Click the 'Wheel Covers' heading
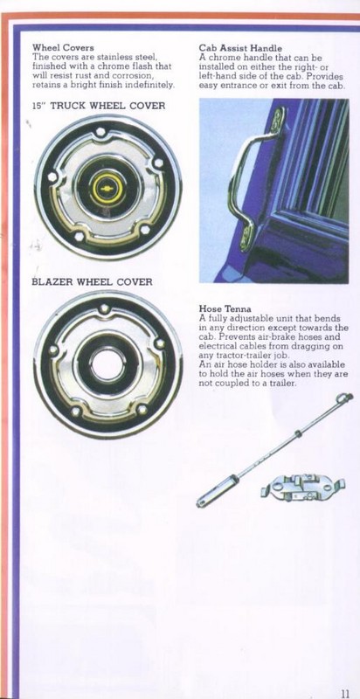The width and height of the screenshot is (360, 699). click(63, 48)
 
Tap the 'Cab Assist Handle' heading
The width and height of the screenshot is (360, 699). click(240, 48)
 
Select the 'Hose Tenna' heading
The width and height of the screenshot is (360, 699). click(225, 308)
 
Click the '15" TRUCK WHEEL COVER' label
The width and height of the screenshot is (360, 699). click(99, 106)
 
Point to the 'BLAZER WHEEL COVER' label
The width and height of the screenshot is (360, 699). click(93, 281)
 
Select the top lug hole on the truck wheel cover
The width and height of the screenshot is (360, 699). click(100, 132)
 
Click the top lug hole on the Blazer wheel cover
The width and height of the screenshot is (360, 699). click(104, 308)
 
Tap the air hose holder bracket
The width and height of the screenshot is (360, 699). click(303, 487)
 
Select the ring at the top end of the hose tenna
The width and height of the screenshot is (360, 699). click(346, 397)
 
